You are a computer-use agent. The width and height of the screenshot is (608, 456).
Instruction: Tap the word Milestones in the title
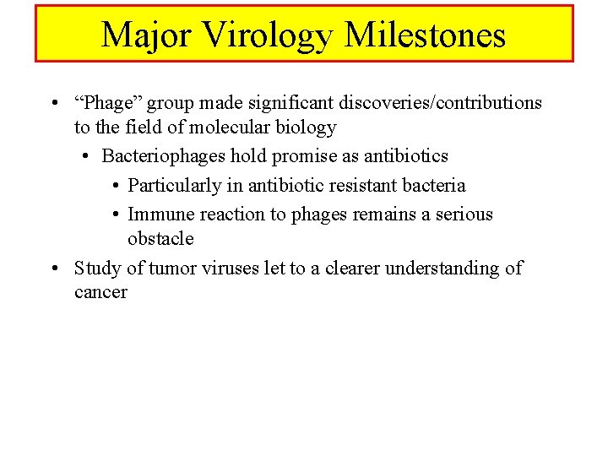point(426,35)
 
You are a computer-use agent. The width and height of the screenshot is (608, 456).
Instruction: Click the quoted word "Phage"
point(110,103)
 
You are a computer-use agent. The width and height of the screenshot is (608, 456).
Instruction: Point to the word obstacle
point(160,239)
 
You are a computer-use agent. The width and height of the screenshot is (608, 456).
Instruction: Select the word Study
point(97,269)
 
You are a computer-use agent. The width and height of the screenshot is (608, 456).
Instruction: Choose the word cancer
point(100,293)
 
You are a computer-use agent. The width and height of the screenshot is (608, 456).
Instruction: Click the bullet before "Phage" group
point(53,104)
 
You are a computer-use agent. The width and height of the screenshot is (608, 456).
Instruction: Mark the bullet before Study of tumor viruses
point(53,269)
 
